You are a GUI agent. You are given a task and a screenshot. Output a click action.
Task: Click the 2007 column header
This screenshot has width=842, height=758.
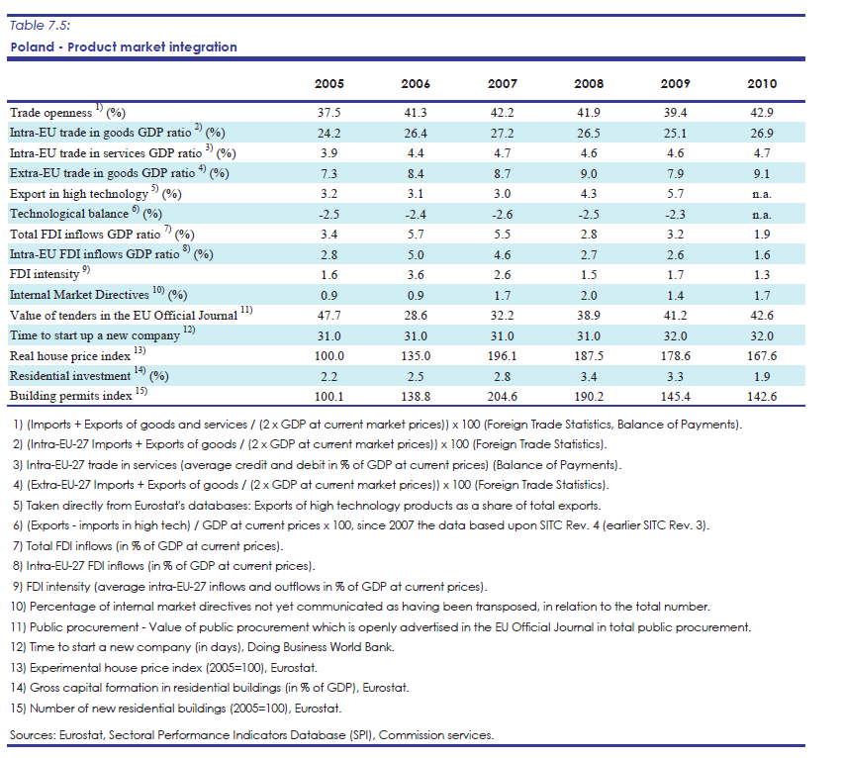[502, 84]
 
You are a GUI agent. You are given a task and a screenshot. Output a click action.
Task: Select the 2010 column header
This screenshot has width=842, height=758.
[762, 84]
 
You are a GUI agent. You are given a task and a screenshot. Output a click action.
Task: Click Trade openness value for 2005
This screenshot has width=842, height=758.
[328, 113]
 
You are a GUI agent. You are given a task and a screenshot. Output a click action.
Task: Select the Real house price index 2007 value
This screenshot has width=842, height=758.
[502, 356]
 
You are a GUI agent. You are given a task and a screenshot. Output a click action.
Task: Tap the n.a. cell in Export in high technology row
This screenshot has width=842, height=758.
[762, 194]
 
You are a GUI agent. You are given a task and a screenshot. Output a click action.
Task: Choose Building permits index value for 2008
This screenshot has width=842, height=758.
[589, 397]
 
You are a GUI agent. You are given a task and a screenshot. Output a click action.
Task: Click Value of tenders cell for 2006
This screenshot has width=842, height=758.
[416, 316]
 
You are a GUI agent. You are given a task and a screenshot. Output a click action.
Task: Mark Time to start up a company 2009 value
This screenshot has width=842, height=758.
[675, 336]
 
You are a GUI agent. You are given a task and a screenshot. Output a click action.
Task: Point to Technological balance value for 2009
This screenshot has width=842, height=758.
[675, 215]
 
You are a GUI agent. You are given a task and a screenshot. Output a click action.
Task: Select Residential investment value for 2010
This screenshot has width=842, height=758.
[762, 377]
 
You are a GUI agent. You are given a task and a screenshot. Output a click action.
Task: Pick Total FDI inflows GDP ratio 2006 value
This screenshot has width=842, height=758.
[416, 235]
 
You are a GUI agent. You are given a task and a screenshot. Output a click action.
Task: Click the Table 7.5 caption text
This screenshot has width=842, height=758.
[41, 26]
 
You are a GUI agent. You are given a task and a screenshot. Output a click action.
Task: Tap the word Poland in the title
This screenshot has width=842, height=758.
[33, 47]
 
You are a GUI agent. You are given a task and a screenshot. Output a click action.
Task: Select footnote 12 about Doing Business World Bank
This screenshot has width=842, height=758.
[203, 647]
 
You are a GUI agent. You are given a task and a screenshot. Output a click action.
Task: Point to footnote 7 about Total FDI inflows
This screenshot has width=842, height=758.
[147, 546]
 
